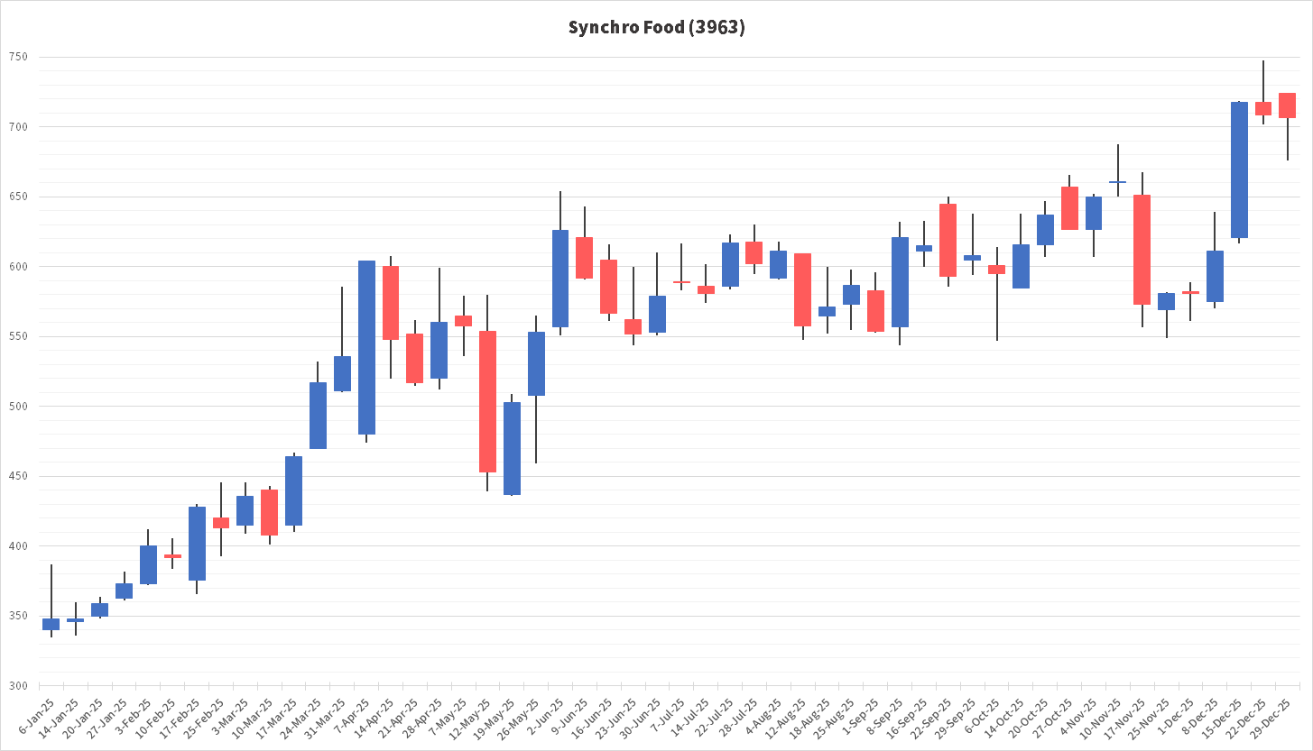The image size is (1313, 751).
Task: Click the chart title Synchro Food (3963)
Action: [x=656, y=28]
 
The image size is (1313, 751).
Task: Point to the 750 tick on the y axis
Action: [x=18, y=58]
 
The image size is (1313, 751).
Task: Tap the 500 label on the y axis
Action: [x=18, y=407]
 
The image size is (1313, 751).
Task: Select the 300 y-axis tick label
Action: [x=18, y=686]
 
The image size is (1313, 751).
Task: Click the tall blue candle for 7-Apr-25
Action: [x=366, y=347]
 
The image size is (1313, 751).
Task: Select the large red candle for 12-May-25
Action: [x=487, y=401]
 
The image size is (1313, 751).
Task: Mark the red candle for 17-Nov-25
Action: [x=1142, y=249]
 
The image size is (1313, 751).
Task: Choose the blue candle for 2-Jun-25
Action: [x=560, y=279]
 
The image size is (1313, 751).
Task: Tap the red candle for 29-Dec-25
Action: [x=1287, y=105]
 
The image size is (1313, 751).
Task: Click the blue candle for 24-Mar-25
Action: [x=318, y=416]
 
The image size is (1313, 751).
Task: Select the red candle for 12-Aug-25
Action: [x=802, y=289]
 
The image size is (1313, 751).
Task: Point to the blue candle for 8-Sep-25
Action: [x=900, y=282]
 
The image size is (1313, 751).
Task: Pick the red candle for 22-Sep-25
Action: [x=948, y=240]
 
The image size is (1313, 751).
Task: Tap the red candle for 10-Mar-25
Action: [x=269, y=512]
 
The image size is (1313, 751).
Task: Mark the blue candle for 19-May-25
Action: [x=512, y=448]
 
